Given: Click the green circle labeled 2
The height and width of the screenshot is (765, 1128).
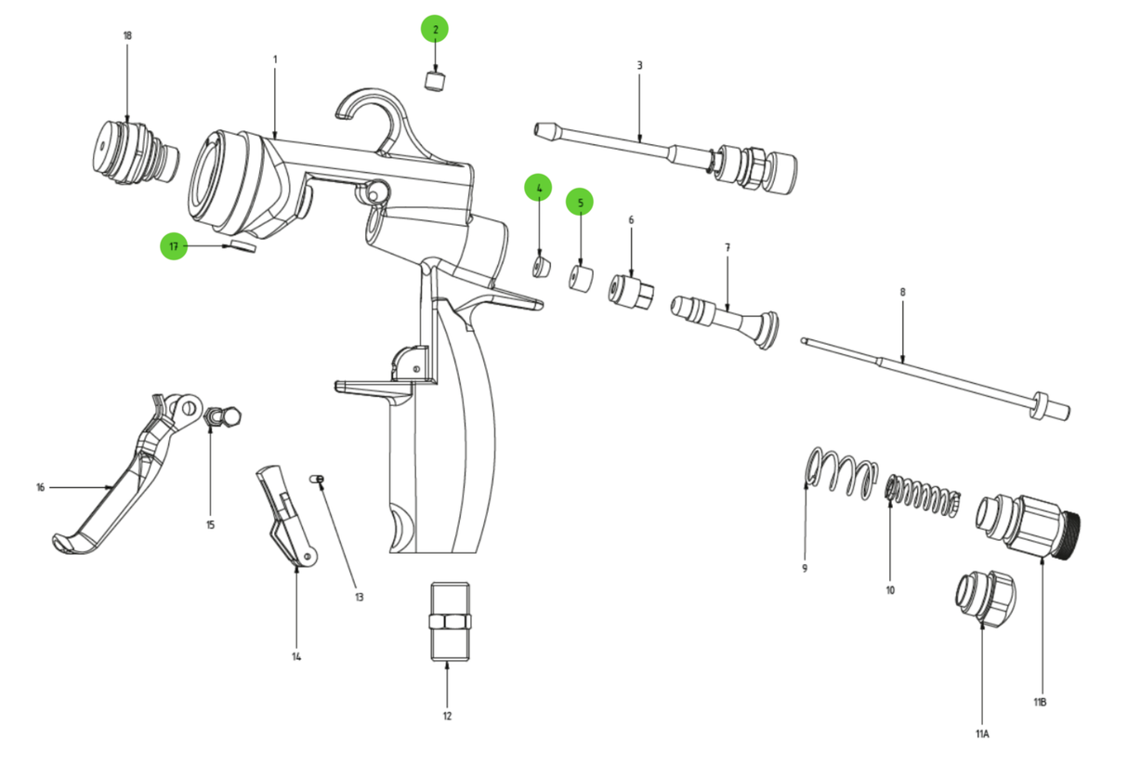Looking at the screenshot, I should (x=434, y=29).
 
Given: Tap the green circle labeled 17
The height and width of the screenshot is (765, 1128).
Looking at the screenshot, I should (x=173, y=246).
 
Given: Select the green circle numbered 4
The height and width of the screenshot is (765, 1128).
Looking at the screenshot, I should (x=538, y=188).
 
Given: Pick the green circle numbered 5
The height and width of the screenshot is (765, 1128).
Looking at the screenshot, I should (x=580, y=202).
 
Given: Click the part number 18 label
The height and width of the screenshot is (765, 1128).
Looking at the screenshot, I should (x=127, y=35).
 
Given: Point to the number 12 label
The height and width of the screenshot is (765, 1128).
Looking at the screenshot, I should (x=447, y=716).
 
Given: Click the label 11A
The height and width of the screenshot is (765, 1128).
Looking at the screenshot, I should (x=982, y=733).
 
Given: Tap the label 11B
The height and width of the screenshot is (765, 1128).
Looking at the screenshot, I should (x=1040, y=702).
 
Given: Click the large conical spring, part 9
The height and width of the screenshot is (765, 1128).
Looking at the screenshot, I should (x=841, y=472).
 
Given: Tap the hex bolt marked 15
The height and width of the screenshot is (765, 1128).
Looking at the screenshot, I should (x=222, y=417).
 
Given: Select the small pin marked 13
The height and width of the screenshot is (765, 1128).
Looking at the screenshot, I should (x=317, y=478).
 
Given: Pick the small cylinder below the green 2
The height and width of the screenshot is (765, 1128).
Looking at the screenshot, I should (x=435, y=80).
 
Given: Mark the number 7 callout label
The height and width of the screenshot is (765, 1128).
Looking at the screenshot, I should (x=727, y=247).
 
